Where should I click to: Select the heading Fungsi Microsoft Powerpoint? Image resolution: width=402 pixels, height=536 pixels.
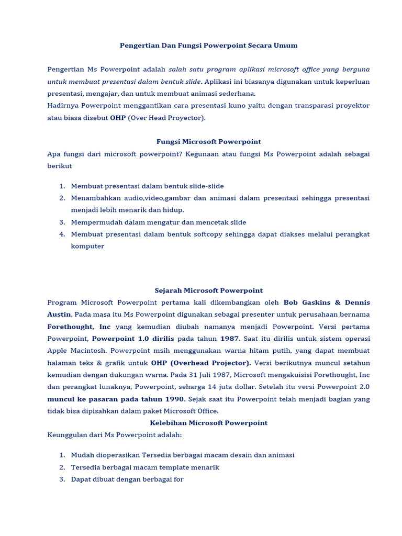[x=208, y=142]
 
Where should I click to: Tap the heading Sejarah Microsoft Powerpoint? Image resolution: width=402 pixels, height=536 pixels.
[x=208, y=291]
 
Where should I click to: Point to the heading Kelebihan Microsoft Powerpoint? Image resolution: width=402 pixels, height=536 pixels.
[x=208, y=423]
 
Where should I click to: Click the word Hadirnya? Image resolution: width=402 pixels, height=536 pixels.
[x=62, y=106]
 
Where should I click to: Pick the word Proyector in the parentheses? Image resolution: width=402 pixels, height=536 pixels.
[x=186, y=118]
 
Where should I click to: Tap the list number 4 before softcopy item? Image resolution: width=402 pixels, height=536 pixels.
[x=62, y=234]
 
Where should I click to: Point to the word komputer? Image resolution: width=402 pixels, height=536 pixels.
[x=87, y=246]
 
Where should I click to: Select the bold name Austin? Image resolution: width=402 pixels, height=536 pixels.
[x=59, y=315]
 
